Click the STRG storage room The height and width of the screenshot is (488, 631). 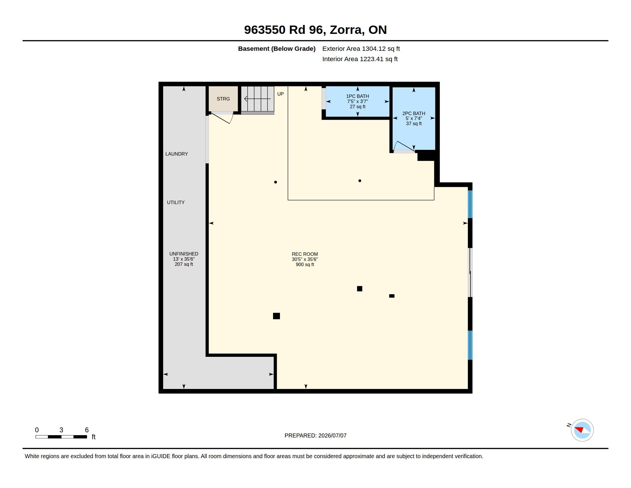click(223, 98)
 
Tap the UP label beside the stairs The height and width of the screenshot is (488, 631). click(280, 94)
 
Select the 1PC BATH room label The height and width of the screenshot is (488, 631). click(357, 96)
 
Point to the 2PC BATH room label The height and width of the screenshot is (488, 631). click(414, 113)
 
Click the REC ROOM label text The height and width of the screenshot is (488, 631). click(305, 254)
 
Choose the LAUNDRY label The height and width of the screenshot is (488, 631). click(176, 154)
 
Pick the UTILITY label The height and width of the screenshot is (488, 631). click(176, 202)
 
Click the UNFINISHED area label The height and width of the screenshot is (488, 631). click(184, 254)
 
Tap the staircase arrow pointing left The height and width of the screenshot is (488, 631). click(258, 99)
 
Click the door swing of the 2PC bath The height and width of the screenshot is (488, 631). click(404, 147)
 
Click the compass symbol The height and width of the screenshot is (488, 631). click(582, 430)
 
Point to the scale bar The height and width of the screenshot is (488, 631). click(61, 437)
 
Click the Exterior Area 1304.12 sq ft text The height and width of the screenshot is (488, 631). click(361, 49)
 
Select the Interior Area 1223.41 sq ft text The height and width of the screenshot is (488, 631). click(360, 59)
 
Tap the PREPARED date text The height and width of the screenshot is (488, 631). click(315, 435)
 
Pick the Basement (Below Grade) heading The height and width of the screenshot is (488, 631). click(276, 49)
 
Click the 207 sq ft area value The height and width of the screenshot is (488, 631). click(184, 264)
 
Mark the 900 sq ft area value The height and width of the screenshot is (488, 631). click(305, 265)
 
